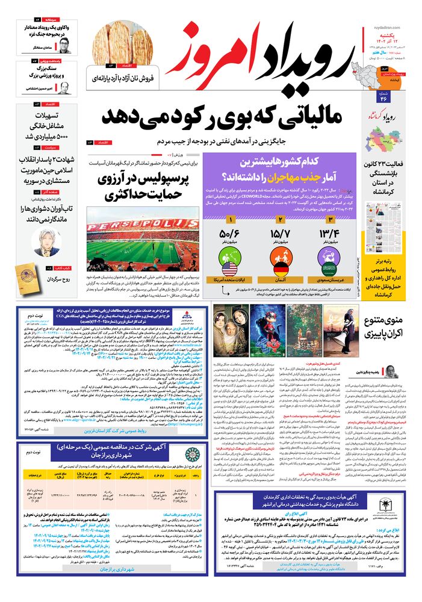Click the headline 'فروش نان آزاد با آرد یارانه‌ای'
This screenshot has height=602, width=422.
coord(124,78)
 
